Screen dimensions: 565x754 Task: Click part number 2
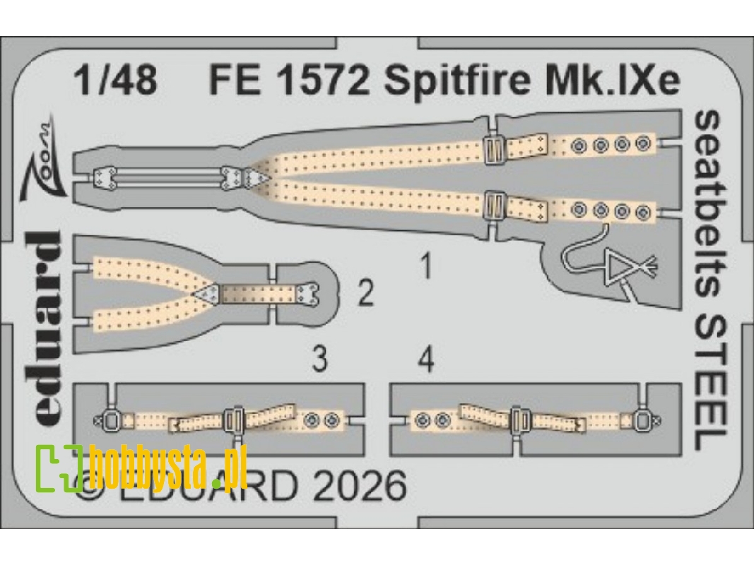(x=365, y=293)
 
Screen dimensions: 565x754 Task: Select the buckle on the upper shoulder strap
(x=492, y=149)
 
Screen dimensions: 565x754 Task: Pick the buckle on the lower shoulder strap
(x=492, y=207)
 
